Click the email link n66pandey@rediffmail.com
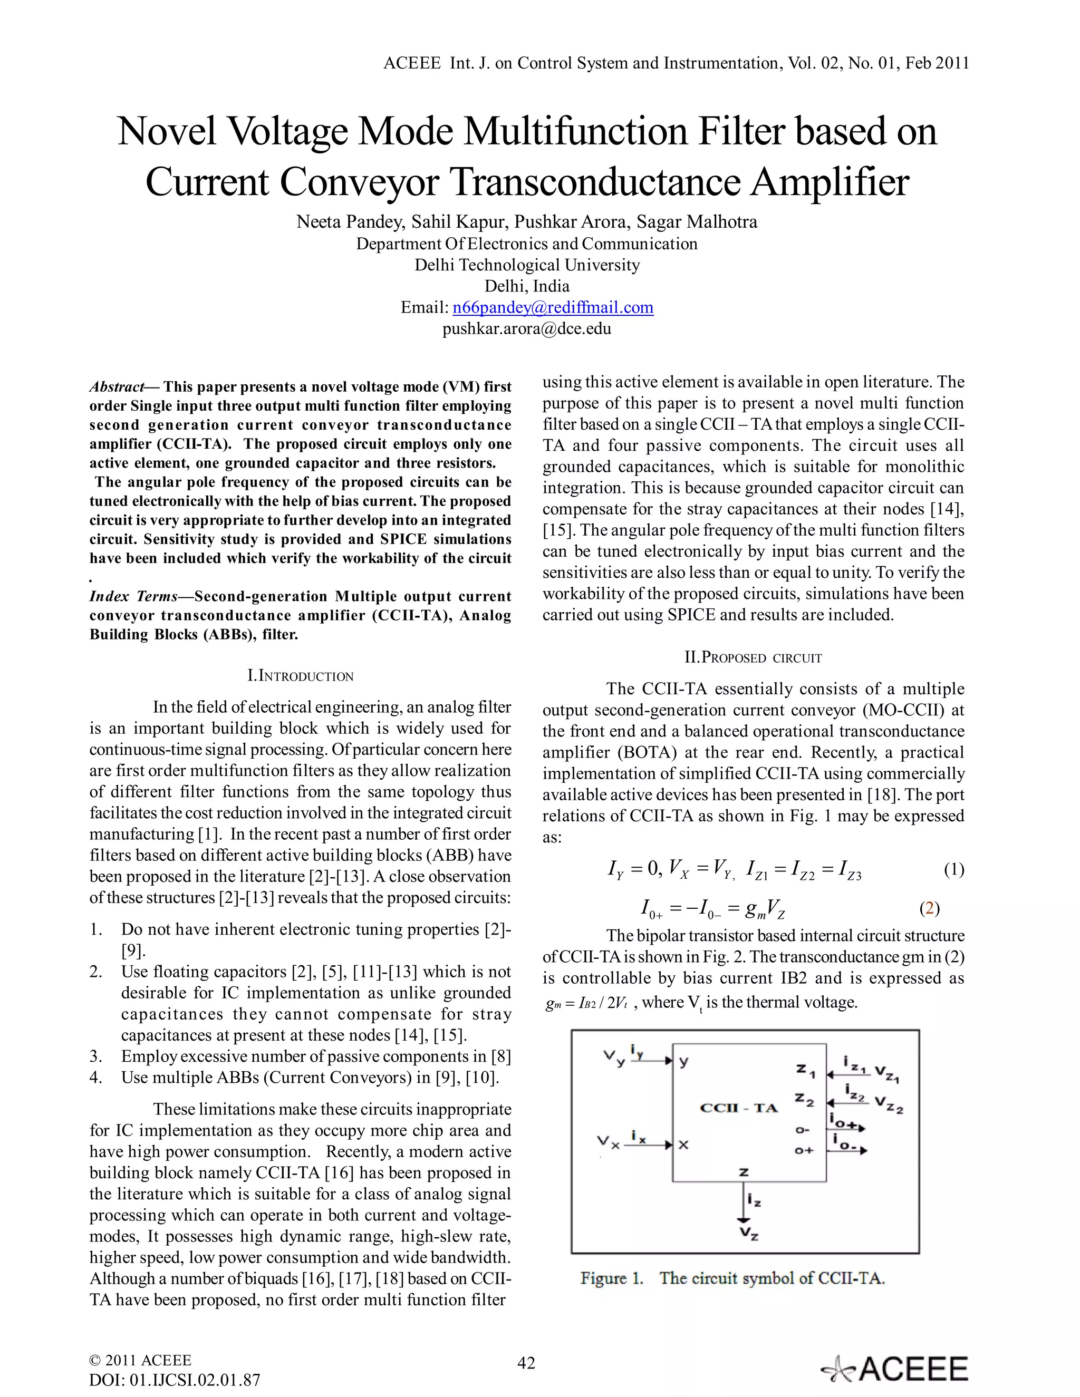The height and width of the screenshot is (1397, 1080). [553, 308]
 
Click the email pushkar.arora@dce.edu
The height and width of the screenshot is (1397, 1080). [527, 329]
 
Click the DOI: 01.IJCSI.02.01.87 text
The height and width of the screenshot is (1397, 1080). [175, 1380]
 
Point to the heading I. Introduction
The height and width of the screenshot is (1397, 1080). [300, 676]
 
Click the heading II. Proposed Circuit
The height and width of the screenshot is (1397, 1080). [753, 657]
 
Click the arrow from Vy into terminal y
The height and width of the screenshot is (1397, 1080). [651, 1061]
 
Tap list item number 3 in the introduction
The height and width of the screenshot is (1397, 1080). [96, 1056]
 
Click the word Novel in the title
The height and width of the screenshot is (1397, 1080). [168, 131]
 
